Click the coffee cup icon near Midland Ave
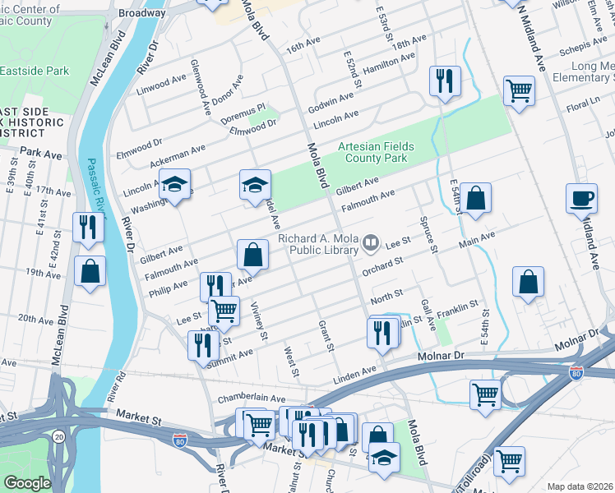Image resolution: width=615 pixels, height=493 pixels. click(x=581, y=198)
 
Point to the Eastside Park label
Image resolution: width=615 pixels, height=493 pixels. click(x=34, y=71)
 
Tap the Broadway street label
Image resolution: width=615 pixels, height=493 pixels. click(x=142, y=14)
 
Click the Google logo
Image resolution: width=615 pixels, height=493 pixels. click(x=27, y=482)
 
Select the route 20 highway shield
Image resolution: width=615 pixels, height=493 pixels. click(x=58, y=437)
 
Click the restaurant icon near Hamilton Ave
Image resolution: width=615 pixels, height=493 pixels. click(x=444, y=81)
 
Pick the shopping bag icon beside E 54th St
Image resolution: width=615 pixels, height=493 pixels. click(x=475, y=197)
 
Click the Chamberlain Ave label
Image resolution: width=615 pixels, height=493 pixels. click(x=251, y=398)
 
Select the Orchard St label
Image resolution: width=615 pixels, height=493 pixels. click(x=385, y=265)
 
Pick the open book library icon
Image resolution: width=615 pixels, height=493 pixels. click(x=371, y=242)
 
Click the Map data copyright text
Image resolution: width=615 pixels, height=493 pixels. click(x=580, y=486)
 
